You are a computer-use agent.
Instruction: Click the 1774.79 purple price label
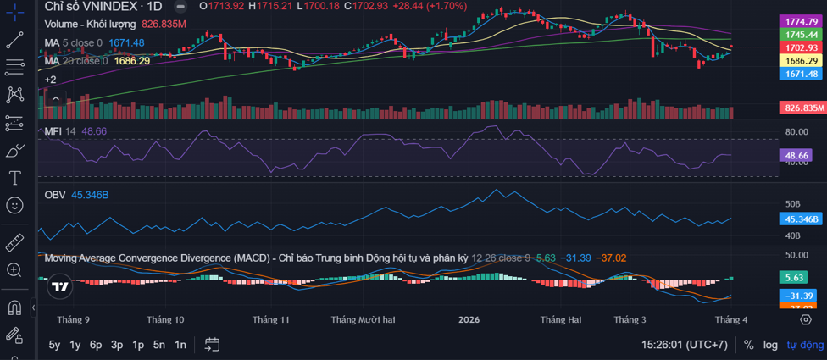pyautogui.click(x=801, y=21)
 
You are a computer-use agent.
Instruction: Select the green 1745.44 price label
pyautogui.click(x=801, y=35)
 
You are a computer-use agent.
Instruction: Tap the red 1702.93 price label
pyautogui.click(x=801, y=48)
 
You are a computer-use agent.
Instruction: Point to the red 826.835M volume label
pyautogui.click(x=802, y=108)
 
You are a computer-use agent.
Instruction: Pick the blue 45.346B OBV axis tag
pyautogui.click(x=801, y=219)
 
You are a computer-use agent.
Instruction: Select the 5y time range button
pyautogui.click(x=54, y=345)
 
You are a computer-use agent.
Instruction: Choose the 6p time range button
pyautogui.click(x=96, y=345)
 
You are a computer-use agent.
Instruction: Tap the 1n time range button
pyautogui.click(x=180, y=345)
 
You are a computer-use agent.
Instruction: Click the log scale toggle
pyautogui.click(x=769, y=345)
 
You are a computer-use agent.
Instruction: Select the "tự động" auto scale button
pyautogui.click(x=805, y=345)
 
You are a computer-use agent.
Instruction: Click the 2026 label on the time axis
pyautogui.click(x=469, y=320)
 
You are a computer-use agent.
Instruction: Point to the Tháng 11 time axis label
pyautogui.click(x=271, y=320)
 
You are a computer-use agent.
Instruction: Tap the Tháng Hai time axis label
pyautogui.click(x=561, y=320)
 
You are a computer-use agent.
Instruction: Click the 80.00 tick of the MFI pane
pyautogui.click(x=796, y=132)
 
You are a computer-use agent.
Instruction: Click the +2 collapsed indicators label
pyautogui.click(x=50, y=80)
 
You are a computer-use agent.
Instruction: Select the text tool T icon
pyautogui.click(x=14, y=178)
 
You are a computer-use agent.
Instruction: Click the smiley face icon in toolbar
pyautogui.click(x=14, y=205)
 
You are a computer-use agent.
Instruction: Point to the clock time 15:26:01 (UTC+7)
pyautogui.click(x=684, y=345)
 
